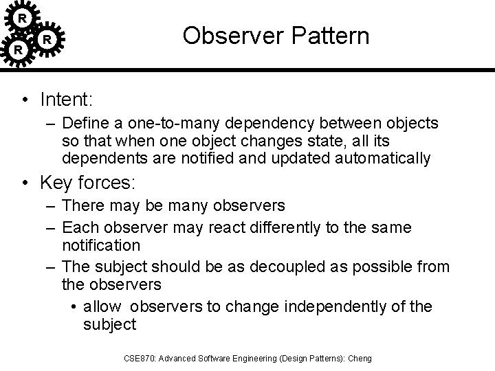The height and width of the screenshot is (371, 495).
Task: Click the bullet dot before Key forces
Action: pos(25,183)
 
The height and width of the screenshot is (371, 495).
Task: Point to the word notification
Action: pos(101,245)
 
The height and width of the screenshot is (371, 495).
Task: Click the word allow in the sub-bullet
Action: pos(101,306)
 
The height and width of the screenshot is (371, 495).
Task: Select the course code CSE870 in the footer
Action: pos(140,357)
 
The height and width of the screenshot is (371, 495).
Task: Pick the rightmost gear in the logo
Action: pos(47,40)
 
